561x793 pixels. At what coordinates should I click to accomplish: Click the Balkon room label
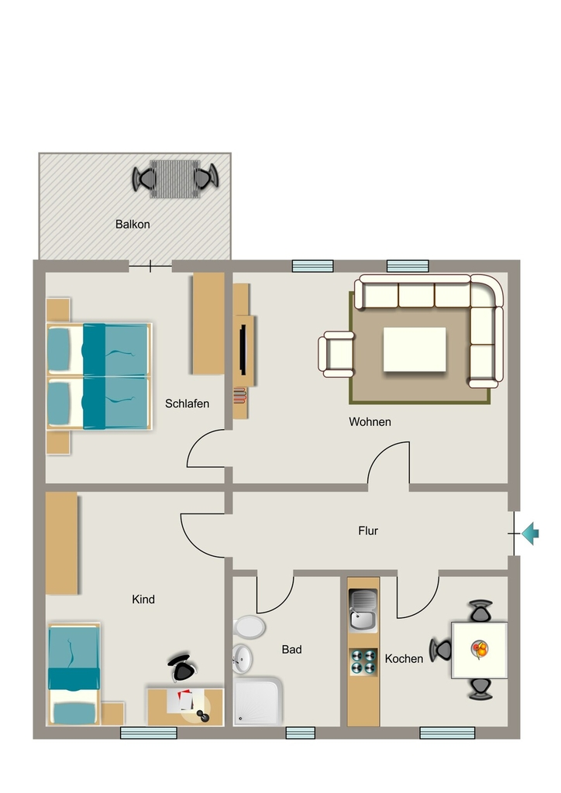pos(133,224)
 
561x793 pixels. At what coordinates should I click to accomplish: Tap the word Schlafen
pos(188,403)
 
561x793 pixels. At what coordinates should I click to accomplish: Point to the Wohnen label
pos(370,422)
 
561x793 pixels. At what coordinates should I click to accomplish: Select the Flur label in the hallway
pos(368,530)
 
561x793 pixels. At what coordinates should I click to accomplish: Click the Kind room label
pos(143,599)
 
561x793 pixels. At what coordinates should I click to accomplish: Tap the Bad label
pos(292,650)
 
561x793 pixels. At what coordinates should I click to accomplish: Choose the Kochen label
pos(404,658)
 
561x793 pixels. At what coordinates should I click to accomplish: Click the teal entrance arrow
pos(530,534)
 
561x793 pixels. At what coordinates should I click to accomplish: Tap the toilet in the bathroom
pos(249,627)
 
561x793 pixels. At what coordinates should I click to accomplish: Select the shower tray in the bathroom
pos(258,702)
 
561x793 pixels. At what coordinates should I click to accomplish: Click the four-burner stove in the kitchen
pos(363,662)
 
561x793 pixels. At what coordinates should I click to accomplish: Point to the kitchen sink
pos(363,610)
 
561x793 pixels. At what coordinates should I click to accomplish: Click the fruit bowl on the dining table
pos(480,649)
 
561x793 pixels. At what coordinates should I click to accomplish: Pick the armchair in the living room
pos(337,354)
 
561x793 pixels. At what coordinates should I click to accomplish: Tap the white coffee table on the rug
pos(415,349)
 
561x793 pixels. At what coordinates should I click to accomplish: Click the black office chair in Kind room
pos(183,668)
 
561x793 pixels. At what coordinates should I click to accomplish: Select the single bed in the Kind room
pos(74,675)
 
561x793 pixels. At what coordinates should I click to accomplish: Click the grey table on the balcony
pos(175,179)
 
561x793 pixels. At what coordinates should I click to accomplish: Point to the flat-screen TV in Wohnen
pos(243,349)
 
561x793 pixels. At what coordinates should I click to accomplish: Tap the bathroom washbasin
pos(243,659)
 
